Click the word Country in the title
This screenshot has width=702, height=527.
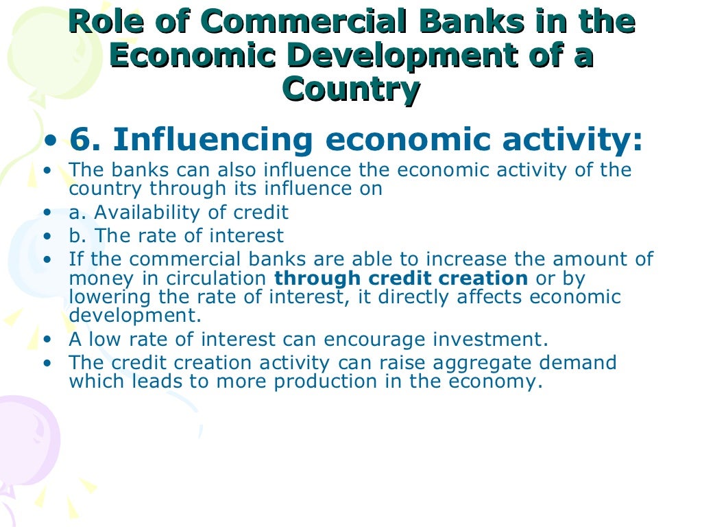click(x=351, y=90)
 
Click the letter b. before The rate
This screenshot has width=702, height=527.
click(x=78, y=236)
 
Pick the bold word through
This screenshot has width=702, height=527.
click(x=318, y=278)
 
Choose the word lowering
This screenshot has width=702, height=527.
click(x=112, y=297)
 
